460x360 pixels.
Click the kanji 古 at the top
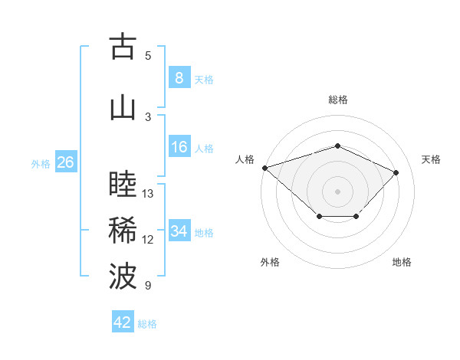(123, 47)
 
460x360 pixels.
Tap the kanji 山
(123, 108)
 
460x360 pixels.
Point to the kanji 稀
(123, 231)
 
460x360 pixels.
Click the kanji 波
(123, 277)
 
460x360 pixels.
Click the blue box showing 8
(179, 78)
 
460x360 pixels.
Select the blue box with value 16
(179, 147)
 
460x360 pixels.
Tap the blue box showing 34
(179, 231)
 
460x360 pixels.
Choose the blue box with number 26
(65, 162)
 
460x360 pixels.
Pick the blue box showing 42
(123, 322)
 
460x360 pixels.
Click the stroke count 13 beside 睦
(148, 194)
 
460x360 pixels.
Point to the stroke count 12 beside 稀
(148, 240)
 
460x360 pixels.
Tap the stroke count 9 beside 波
(148, 286)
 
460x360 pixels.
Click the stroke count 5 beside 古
(148, 56)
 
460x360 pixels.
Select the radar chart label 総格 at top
(337, 100)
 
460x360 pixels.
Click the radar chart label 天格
(432, 159)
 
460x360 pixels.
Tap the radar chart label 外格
(270, 263)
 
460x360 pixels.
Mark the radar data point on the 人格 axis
(264, 167)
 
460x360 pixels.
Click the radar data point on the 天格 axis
(396, 172)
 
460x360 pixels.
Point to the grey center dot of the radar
(337, 191)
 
